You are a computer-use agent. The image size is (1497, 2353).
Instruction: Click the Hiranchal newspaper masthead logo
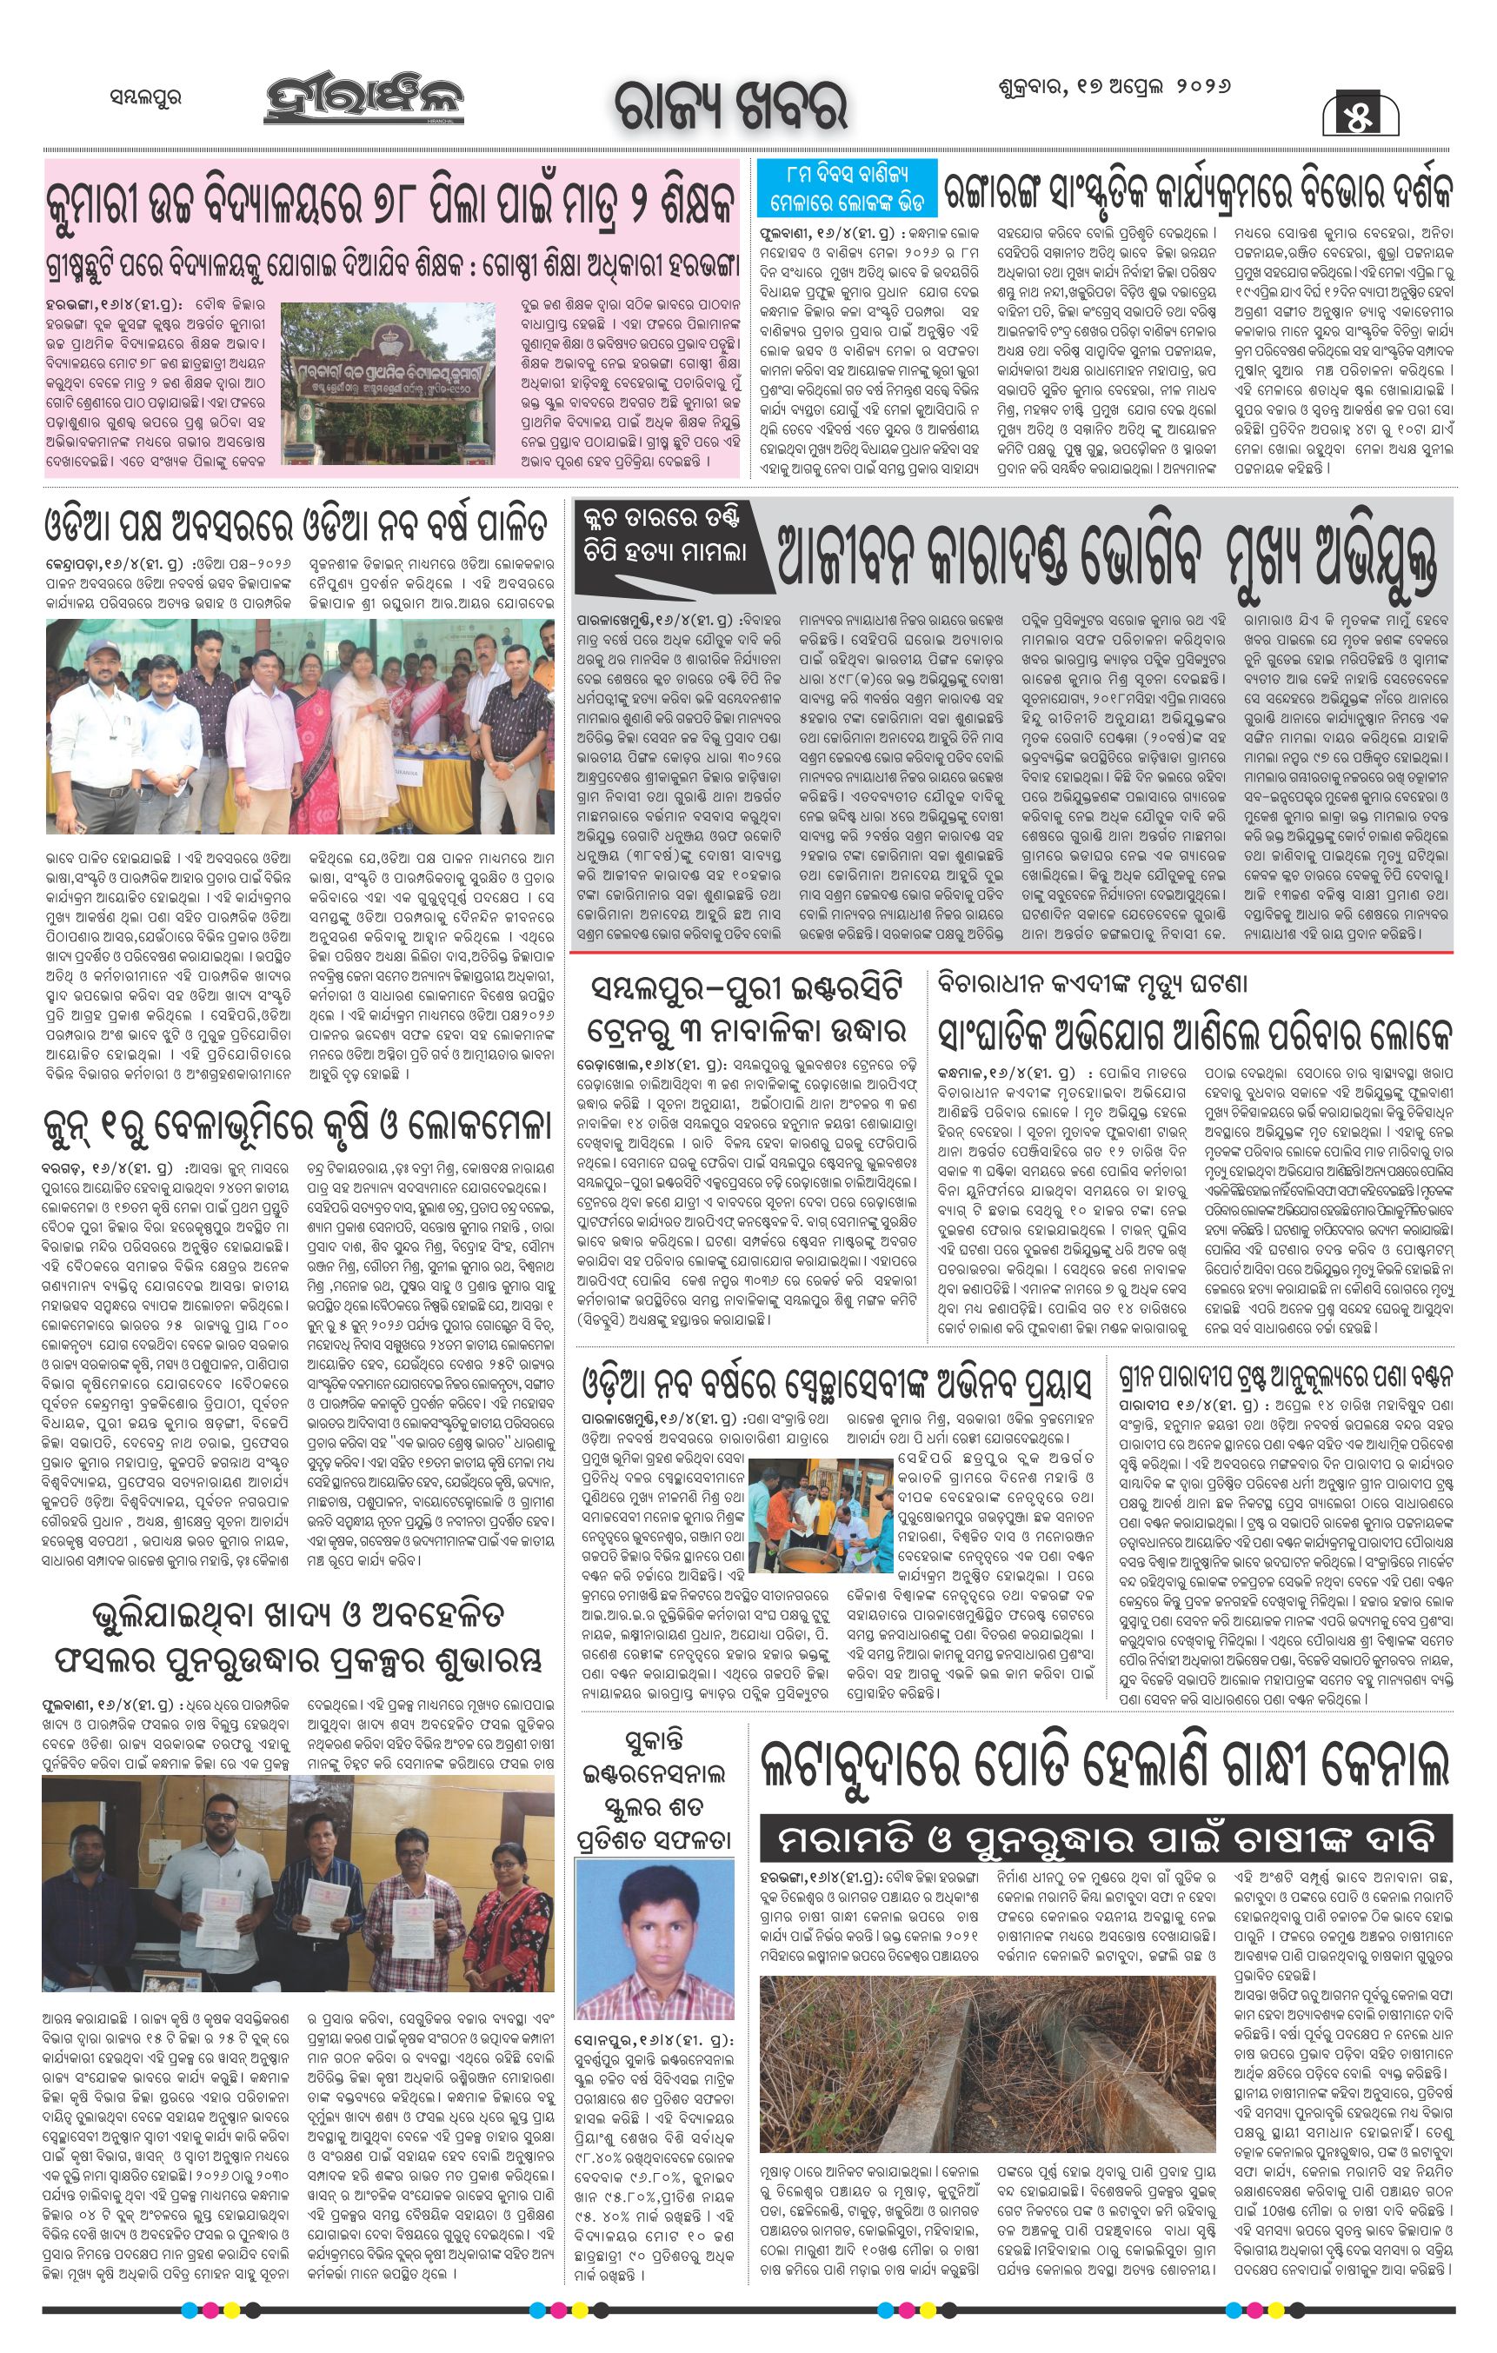(363, 101)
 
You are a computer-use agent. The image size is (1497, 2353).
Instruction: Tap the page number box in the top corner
(1361, 115)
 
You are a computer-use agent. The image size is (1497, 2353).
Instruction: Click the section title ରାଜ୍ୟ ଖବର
(730, 105)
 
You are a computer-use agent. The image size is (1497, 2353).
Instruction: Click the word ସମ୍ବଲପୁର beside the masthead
(145, 97)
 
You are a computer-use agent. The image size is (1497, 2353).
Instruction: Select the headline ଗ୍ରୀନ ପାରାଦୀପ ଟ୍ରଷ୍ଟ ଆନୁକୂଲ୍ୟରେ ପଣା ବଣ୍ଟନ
(1285, 1378)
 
